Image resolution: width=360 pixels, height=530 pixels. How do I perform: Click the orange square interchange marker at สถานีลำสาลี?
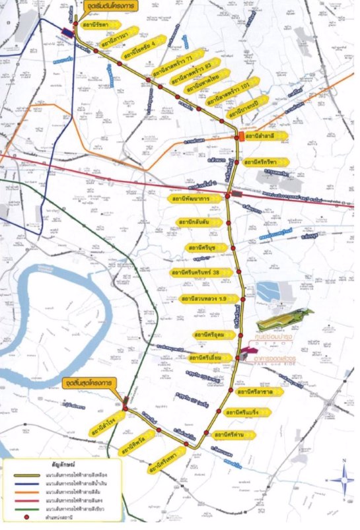[x=238, y=136]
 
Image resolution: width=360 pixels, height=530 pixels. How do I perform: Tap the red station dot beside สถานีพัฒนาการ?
[x=227, y=196]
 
